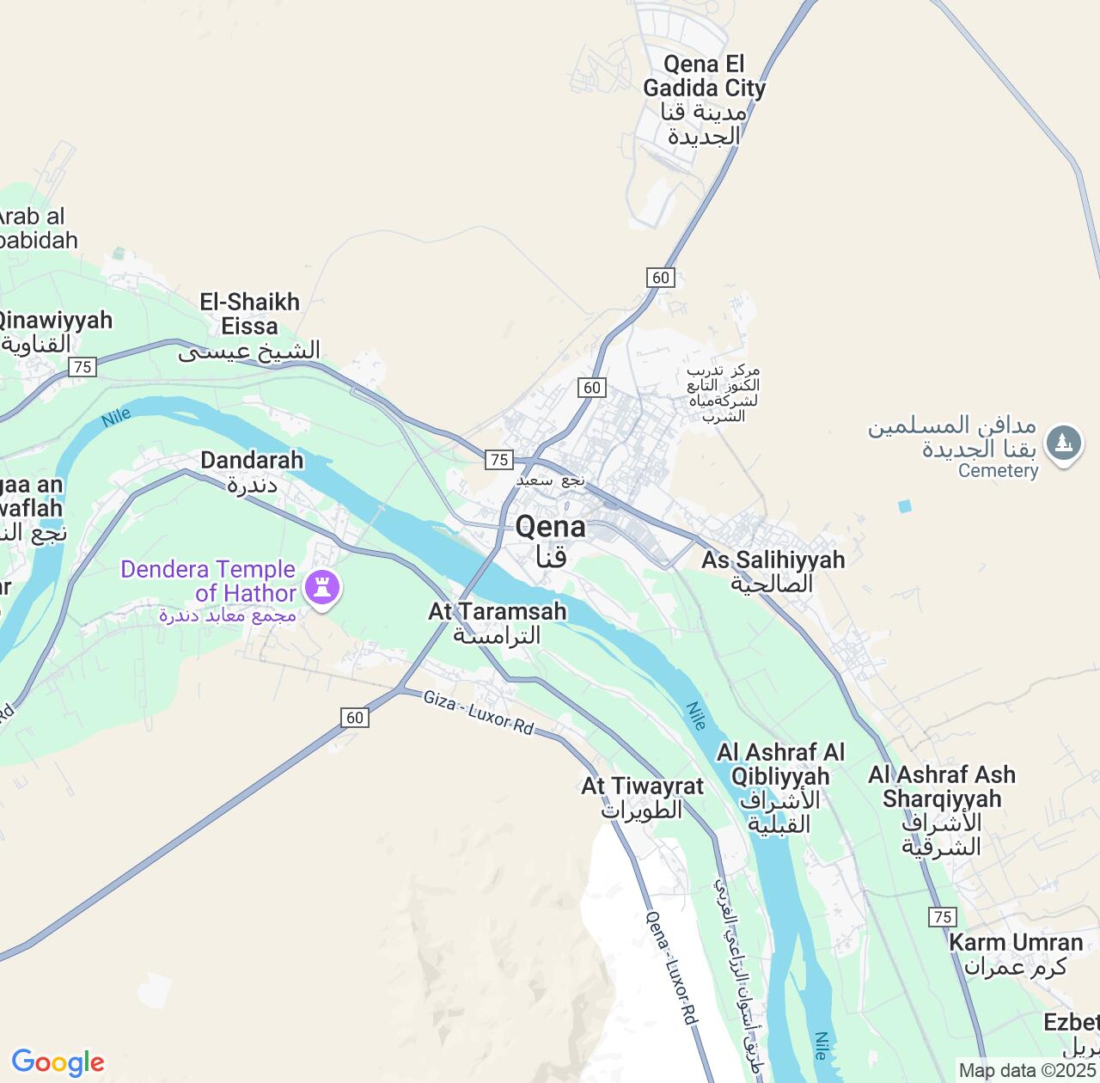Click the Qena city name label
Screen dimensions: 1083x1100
pos(550,540)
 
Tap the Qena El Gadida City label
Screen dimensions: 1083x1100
pos(704,99)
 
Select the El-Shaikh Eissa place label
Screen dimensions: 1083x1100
pos(249,326)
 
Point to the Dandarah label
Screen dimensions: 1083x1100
pos(252,471)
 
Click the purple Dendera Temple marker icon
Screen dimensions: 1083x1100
pos(322,589)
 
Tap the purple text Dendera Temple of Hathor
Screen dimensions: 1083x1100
pos(209,581)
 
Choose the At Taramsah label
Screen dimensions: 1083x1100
pos(498,622)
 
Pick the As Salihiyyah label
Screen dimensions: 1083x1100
pos(773,571)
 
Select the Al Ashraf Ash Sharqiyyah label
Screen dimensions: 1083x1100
pos(942,810)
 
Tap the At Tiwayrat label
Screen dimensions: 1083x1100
pos(642,798)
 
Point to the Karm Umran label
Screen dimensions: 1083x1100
pos(1015,953)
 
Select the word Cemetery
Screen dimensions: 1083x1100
pos(998,471)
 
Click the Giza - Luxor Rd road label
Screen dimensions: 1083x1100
pos(478,713)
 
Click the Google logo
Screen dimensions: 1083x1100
pos(58,1062)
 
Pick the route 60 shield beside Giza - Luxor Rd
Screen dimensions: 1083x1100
pos(355,717)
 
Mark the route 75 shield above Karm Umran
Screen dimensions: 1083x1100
pos(943,916)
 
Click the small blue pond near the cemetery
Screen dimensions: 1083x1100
pos(904,506)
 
